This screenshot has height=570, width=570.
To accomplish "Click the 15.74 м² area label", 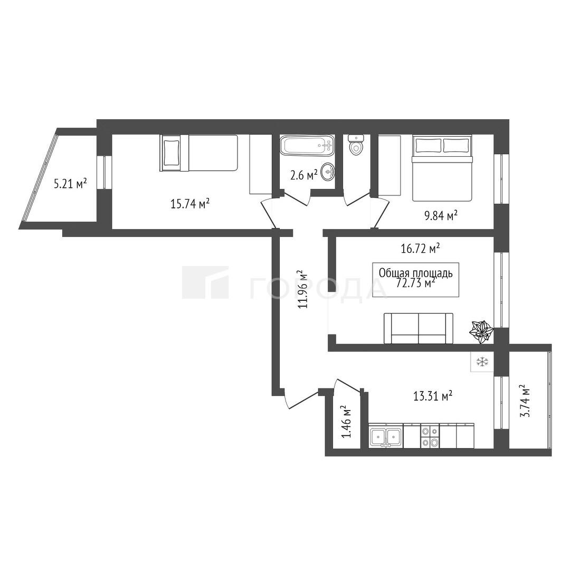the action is pyautogui.click(x=191, y=204).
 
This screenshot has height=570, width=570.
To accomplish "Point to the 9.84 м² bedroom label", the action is pyautogui.click(x=441, y=216).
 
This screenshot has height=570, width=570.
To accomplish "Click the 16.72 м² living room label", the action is pyautogui.click(x=421, y=249).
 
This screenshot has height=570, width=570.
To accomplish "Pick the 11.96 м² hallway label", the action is pyautogui.click(x=302, y=289).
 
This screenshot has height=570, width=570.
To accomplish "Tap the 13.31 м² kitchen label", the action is pyautogui.click(x=433, y=395).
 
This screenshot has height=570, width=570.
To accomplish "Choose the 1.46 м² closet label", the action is pyautogui.click(x=346, y=422).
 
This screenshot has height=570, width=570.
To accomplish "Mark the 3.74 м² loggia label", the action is pyautogui.click(x=525, y=401).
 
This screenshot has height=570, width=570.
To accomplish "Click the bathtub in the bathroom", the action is pyautogui.click(x=307, y=146).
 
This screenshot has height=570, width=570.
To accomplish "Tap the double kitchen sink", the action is pyautogui.click(x=385, y=436).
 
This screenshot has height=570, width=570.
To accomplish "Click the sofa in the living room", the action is pyautogui.click(x=419, y=328).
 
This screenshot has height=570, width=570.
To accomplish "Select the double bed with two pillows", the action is pyautogui.click(x=442, y=168).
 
